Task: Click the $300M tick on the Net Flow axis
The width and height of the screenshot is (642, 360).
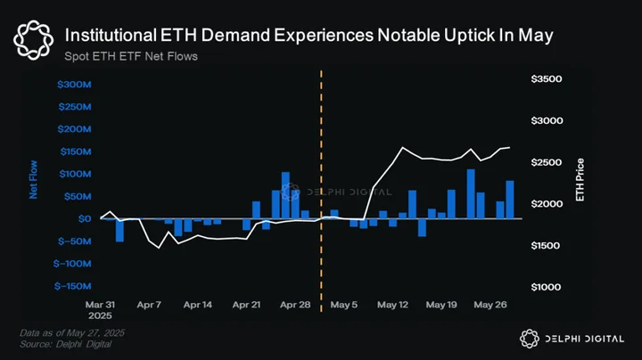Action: point(74,85)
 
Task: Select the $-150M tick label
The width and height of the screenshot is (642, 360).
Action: point(72,286)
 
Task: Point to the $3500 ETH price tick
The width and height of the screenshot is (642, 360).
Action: point(547,79)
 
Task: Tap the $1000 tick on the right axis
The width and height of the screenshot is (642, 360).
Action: point(547,287)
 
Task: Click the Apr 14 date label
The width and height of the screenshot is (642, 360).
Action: point(198,305)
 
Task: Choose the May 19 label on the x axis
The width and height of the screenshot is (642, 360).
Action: point(441,305)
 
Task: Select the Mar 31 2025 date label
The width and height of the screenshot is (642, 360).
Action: point(100,310)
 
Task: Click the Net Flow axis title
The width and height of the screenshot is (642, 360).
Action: point(33,180)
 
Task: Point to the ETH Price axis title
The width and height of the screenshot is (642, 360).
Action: point(580,180)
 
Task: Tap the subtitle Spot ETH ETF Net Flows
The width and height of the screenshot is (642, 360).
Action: point(131,56)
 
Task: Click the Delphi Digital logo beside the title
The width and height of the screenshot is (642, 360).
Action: point(33,40)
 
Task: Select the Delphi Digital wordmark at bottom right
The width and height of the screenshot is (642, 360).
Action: point(572,339)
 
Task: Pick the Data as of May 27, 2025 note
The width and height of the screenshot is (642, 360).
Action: point(72,333)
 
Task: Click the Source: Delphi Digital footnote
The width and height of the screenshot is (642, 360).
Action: point(65,345)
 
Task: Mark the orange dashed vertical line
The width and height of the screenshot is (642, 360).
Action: point(321,191)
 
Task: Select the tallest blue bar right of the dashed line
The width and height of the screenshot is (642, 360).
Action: point(471,194)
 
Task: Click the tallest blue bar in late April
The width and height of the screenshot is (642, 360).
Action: point(285,195)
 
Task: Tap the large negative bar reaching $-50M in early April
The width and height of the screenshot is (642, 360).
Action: point(119,230)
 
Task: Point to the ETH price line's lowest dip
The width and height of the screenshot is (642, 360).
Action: point(159,248)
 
